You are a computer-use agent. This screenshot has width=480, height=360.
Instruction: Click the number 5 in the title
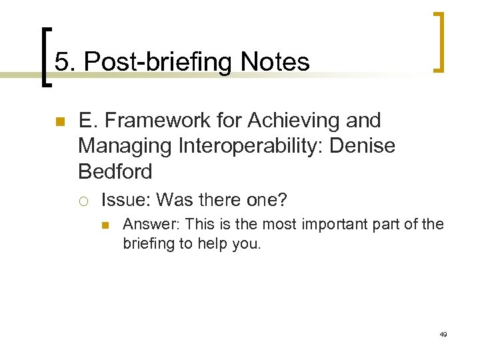click(x=62, y=62)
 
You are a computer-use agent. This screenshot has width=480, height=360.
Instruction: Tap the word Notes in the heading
click(x=275, y=62)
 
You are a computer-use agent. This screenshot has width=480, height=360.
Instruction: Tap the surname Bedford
click(x=115, y=171)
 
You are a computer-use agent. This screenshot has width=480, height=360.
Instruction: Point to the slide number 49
click(x=443, y=334)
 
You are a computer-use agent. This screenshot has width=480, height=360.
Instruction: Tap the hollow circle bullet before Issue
click(x=83, y=200)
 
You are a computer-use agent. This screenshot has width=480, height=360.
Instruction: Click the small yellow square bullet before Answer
click(x=107, y=225)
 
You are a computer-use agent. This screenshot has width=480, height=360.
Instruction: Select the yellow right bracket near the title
click(x=439, y=41)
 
